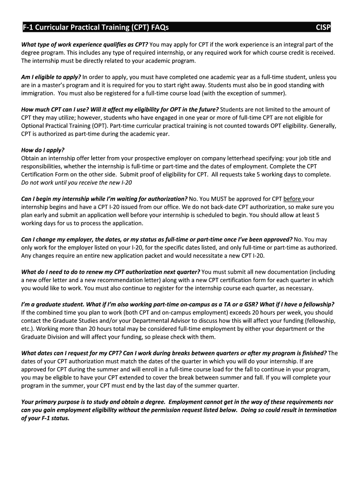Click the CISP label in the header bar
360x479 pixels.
pos(323,28)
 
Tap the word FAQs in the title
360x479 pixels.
pos(158,28)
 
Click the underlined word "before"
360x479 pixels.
pos(293,198)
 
